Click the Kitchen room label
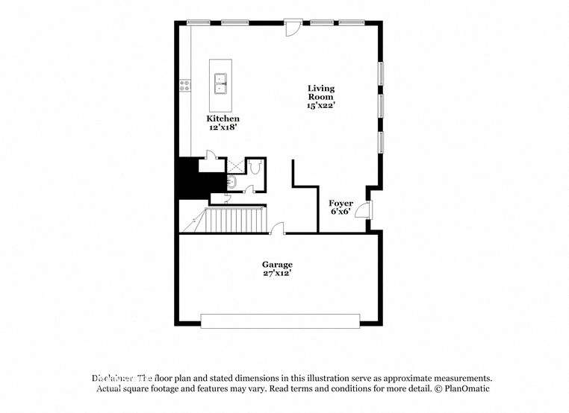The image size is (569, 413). point(223,119)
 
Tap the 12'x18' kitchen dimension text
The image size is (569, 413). point(223,127)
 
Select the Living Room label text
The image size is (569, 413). point(321,93)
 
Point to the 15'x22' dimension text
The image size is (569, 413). point(321,106)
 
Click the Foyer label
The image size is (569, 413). point(341,203)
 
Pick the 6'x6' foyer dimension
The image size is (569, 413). point(341,212)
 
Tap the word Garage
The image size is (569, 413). point(276,264)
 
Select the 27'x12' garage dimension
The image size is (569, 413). point(276,273)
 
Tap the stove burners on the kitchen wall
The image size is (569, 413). point(183,86)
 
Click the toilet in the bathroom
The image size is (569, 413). point(255,168)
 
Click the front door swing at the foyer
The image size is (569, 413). point(363,209)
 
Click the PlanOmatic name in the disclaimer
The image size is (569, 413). point(466,389)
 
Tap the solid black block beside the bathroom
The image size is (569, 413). point(189,179)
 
